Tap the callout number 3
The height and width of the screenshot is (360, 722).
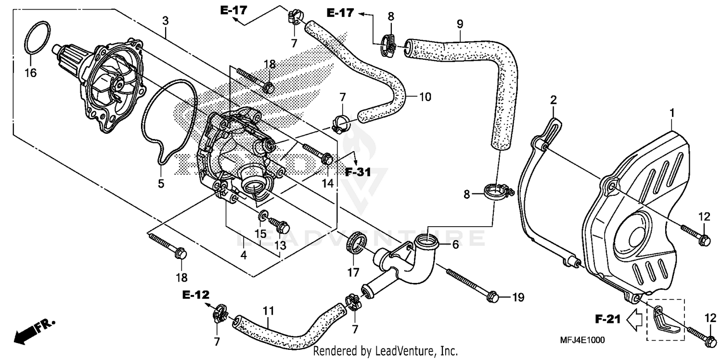(165, 20)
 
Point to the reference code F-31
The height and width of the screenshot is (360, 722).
(358, 172)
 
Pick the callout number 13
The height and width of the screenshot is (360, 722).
(280, 245)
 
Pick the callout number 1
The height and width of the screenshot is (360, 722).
(672, 113)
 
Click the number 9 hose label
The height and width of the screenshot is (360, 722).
(460, 23)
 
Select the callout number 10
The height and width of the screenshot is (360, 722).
(425, 97)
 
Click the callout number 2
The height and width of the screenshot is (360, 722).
(554, 100)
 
